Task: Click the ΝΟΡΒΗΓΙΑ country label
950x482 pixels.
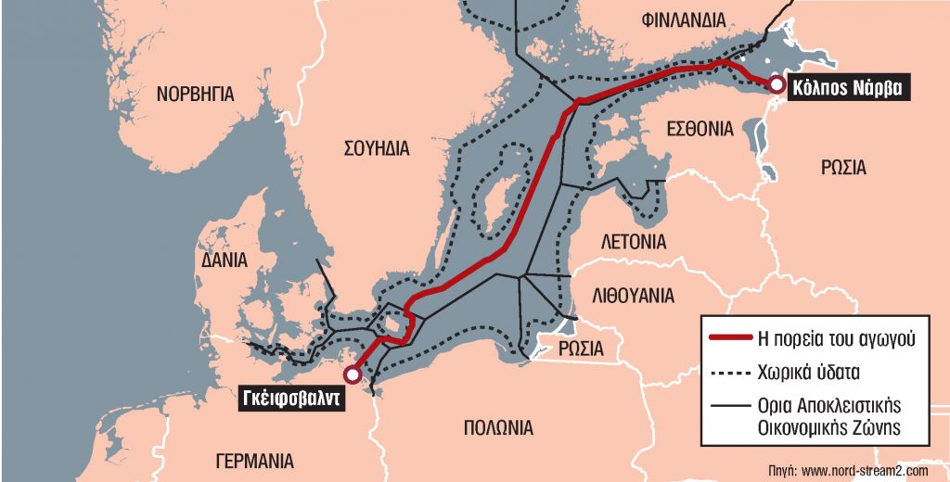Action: (195, 94)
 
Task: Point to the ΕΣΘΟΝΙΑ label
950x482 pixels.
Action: (700, 131)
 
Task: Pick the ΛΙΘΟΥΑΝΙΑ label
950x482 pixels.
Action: (633, 297)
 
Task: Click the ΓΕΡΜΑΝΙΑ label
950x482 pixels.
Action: (253, 461)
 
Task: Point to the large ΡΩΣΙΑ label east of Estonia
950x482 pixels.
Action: (843, 168)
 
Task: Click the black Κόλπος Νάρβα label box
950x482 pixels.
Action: (848, 88)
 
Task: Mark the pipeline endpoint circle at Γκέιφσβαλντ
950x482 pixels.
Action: (352, 374)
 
